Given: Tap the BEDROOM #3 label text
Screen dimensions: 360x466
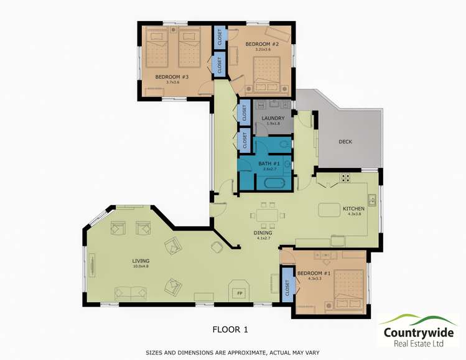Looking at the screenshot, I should (167, 77).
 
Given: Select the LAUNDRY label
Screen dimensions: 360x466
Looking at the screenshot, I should (273, 118).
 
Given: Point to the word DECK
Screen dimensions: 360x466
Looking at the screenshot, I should (345, 142).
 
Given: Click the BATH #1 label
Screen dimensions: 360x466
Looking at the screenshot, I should (269, 164).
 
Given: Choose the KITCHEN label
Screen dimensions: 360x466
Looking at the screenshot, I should (353, 208).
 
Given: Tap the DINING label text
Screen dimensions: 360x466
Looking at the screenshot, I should (263, 233).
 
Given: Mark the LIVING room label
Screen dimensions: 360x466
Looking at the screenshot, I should (141, 261).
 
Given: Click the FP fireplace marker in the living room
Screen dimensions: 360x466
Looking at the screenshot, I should (239, 292).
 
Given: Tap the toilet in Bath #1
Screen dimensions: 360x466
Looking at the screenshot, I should (284, 144).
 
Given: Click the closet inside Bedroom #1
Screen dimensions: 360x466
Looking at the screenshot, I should (287, 286).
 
